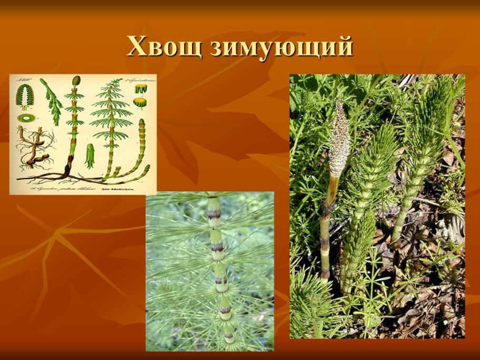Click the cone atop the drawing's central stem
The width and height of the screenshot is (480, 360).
tap(76, 81)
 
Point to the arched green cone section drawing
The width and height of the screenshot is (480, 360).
tap(24, 95)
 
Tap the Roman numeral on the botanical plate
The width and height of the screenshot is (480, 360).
tap(23, 80)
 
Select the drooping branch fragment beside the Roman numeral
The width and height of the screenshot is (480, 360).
tap(51, 100)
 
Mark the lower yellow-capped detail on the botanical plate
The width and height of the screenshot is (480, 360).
tap(140, 103)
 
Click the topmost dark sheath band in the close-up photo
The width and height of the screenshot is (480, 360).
tap(214, 215)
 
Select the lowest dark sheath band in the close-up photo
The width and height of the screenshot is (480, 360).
tap(228, 335)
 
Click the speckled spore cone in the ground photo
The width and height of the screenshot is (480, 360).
tap(339, 138)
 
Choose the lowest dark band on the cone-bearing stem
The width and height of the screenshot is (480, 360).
tap(325, 274)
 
